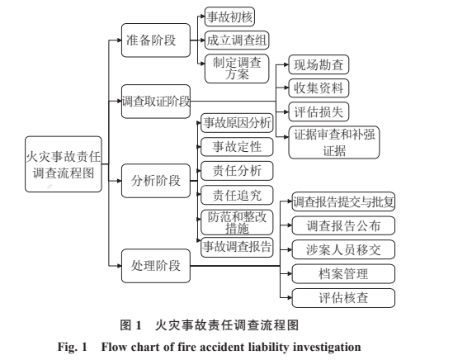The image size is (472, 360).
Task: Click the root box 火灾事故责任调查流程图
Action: [x=64, y=164]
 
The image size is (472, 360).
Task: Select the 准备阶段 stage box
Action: [x=156, y=40]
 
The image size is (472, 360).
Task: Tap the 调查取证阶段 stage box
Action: [x=156, y=102]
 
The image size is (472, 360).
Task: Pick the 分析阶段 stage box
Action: [x=156, y=181]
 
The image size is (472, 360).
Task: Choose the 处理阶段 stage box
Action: [x=156, y=266]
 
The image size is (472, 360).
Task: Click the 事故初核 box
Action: [x=229, y=17]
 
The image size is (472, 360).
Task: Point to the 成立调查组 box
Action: [x=237, y=40]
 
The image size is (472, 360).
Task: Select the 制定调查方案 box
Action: [x=237, y=69]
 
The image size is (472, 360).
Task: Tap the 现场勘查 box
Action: [x=319, y=64]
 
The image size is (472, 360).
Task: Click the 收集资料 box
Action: [x=319, y=88]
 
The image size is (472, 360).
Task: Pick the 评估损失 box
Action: [x=319, y=111]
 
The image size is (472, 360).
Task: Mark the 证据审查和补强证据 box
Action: [x=334, y=143]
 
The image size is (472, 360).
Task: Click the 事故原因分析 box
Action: [x=237, y=123]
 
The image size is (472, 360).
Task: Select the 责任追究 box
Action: [x=237, y=195]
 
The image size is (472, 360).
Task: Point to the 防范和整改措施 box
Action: [x=237, y=222]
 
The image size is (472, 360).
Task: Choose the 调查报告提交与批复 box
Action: [x=343, y=201]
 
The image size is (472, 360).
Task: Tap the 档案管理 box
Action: [x=343, y=274]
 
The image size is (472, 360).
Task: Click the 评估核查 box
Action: [x=343, y=298]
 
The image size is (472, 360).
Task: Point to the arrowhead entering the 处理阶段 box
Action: [x=119, y=266]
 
